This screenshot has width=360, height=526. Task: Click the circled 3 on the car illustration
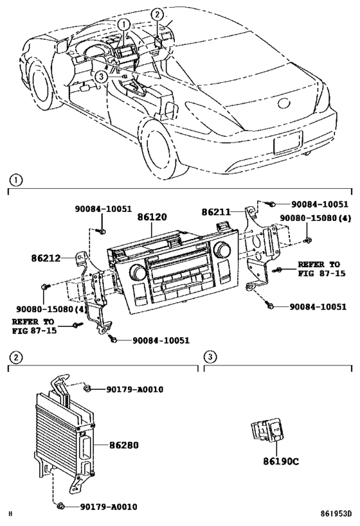coord(100,76)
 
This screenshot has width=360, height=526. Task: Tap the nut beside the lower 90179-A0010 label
coord(61,507)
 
